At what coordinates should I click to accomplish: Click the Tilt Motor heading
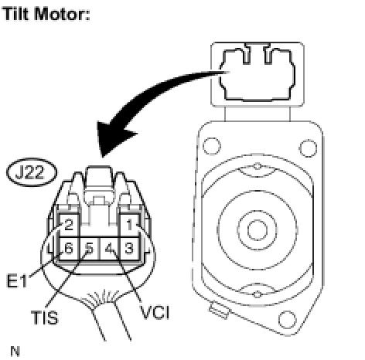coord(46,14)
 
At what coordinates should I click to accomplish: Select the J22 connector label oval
coord(32,172)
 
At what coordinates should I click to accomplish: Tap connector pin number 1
coord(129,225)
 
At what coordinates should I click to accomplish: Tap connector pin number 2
coord(69,225)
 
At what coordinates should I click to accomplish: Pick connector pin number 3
coord(129,248)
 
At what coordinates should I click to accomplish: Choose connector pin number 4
coord(109,249)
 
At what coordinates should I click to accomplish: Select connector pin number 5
coord(89,249)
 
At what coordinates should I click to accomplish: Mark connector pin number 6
coord(69,249)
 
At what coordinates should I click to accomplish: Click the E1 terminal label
coord(16,281)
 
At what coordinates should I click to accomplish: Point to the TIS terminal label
coord(45,318)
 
